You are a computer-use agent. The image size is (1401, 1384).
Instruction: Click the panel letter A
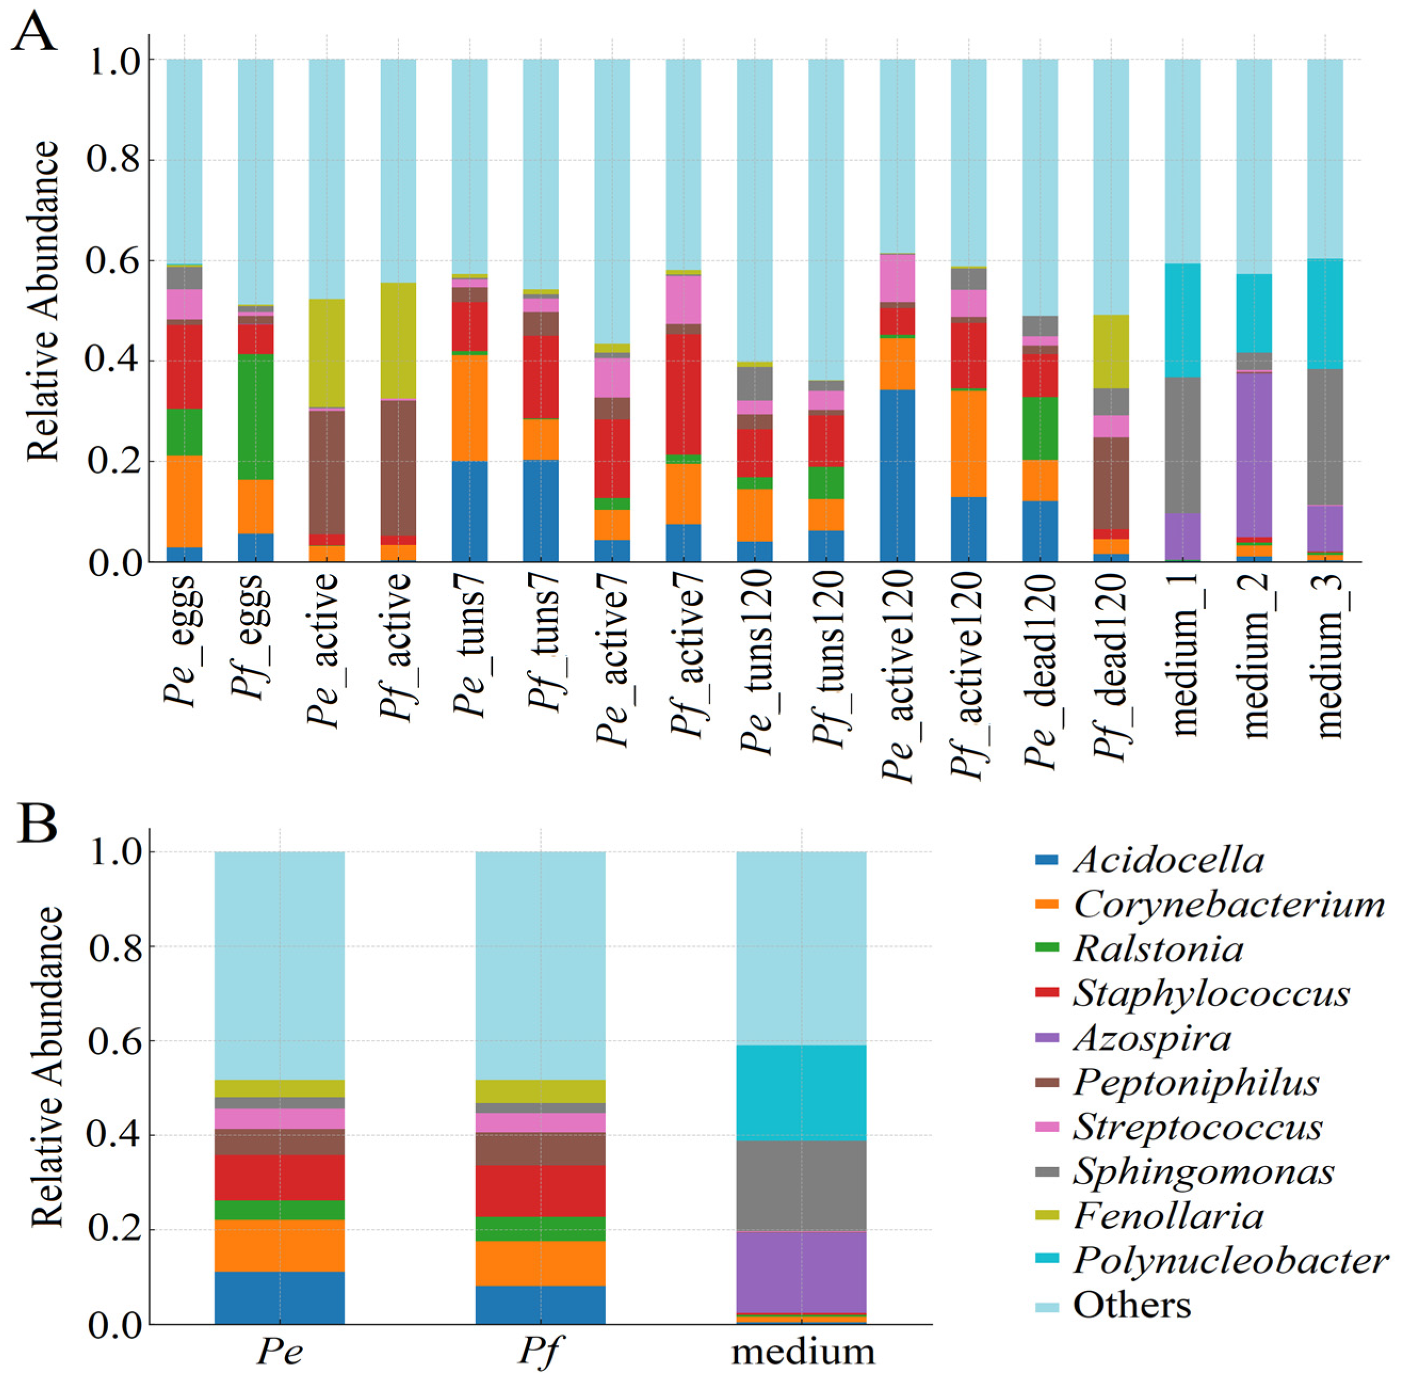[34, 33]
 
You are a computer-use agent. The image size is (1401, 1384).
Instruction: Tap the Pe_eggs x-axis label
[182, 639]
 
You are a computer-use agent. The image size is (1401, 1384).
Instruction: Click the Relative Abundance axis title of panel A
[42, 301]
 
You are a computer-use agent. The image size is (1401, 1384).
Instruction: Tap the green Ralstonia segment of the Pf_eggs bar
[256, 417]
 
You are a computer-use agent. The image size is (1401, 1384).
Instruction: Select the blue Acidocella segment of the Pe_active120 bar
[897, 476]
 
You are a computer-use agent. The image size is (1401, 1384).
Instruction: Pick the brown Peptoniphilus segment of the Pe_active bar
[327, 472]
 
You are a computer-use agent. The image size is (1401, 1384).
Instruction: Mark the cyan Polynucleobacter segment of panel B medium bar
[801, 1093]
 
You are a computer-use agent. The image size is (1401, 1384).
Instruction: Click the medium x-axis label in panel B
[803, 1352]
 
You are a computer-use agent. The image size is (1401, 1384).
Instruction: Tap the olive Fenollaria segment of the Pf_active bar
[398, 341]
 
